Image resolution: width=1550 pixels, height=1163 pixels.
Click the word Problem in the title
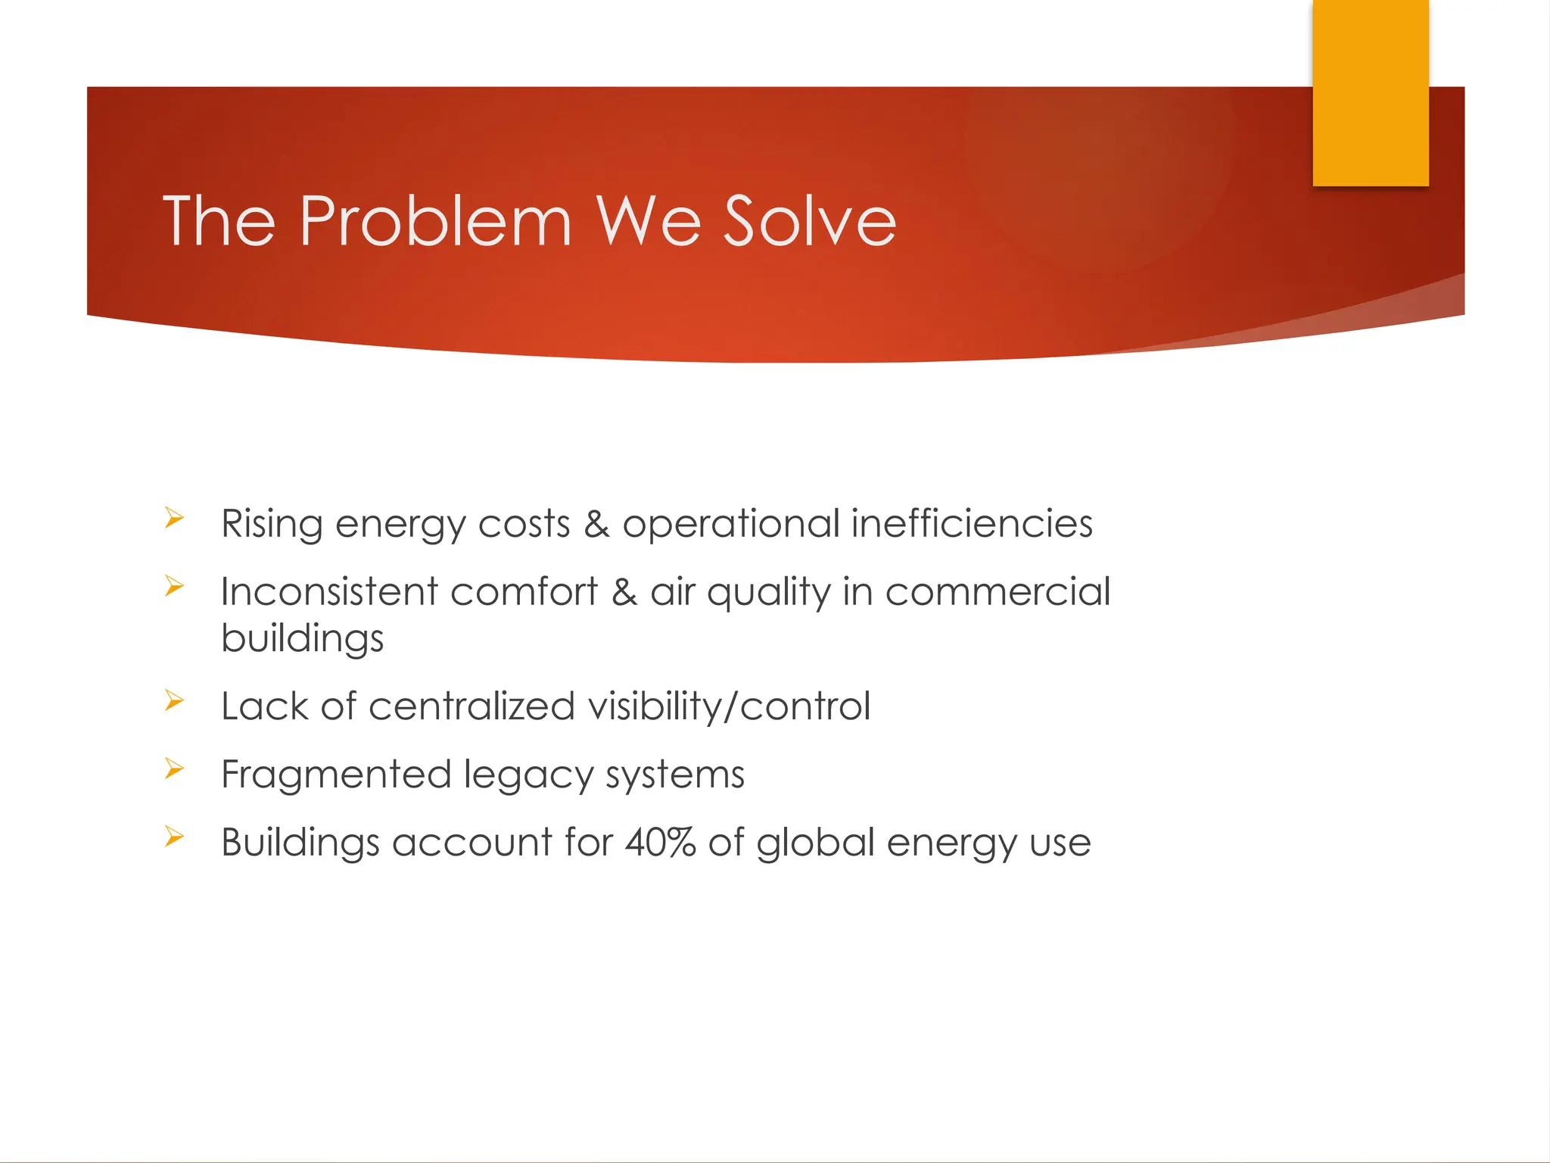click(x=435, y=221)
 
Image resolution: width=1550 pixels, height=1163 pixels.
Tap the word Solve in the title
click(x=809, y=221)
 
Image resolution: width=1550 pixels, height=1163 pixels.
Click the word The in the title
click(x=219, y=221)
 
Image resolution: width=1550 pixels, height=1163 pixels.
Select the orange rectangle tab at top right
click(x=1370, y=92)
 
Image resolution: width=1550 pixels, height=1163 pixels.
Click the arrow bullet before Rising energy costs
click(x=174, y=519)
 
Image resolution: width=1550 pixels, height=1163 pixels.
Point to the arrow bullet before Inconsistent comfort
click(x=174, y=586)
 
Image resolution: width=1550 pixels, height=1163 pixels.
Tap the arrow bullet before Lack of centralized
click(x=174, y=701)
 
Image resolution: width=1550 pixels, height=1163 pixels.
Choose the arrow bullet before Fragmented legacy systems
click(x=174, y=769)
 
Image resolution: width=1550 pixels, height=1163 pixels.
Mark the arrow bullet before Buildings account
click(x=174, y=837)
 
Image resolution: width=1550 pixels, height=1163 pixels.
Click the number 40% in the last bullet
click(x=660, y=843)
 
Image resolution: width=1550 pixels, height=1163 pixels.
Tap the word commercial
click(x=998, y=592)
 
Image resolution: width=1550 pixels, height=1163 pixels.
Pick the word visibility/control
click(x=729, y=706)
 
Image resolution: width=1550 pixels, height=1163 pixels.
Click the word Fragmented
click(x=336, y=775)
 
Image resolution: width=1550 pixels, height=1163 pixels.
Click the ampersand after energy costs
click(x=596, y=525)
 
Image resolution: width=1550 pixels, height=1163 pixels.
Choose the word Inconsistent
click(x=329, y=592)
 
